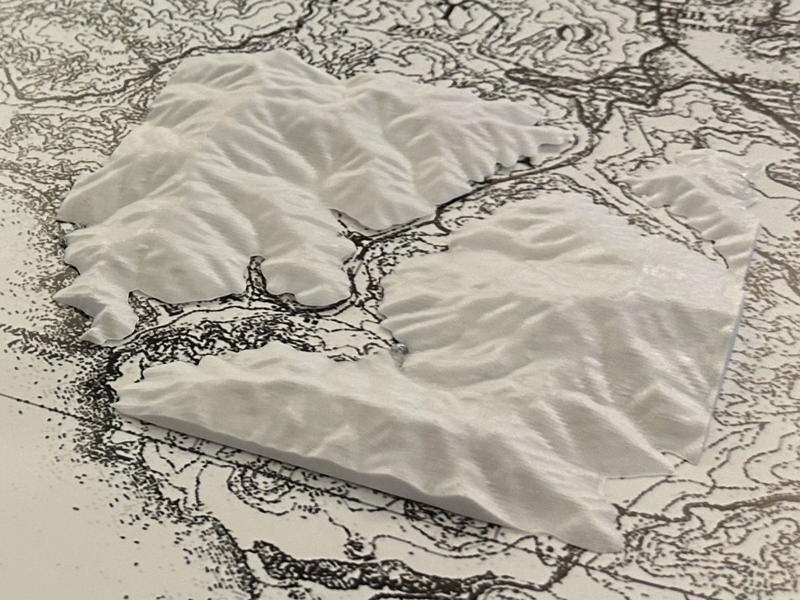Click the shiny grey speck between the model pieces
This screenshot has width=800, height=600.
401,349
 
